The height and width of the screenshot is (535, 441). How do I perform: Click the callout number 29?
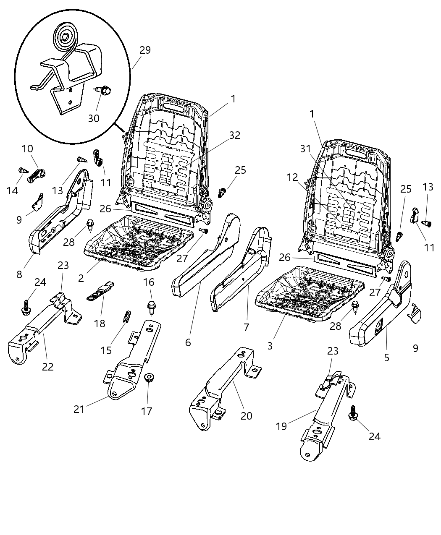pos(145,50)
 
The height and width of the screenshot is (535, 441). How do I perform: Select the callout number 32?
pos(235,135)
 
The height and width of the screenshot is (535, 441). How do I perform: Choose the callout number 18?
pos(100,324)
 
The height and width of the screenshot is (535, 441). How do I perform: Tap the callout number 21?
pos(79,409)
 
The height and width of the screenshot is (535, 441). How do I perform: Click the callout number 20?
pos(247,415)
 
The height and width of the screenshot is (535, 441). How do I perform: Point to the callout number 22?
pos(48,366)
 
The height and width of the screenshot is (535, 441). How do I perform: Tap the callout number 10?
pos(27,149)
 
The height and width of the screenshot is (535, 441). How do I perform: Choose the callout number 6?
pos(188,342)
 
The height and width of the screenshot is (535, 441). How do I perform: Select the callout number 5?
pos(386,358)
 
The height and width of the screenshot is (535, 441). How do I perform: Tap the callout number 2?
pos(81,277)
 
